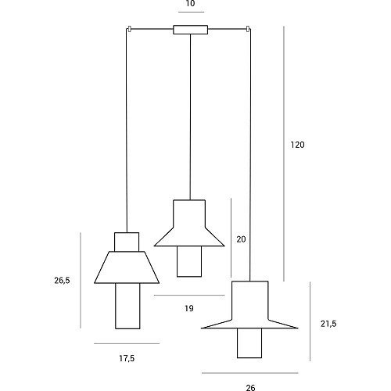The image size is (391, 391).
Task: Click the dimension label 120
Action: [x=297, y=145]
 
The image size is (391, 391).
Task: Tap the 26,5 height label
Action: [x=62, y=281]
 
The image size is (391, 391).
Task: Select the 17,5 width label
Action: [x=127, y=358]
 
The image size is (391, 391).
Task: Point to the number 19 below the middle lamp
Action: [x=189, y=308]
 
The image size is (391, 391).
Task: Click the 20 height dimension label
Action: [x=241, y=239]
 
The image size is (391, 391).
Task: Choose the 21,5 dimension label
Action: [x=328, y=324]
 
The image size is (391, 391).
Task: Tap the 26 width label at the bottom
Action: [x=250, y=388]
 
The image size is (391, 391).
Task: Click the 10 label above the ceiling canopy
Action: [x=190, y=3]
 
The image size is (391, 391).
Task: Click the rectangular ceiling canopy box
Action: [x=191, y=30]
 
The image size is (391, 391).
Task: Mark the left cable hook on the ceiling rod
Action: [x=129, y=29]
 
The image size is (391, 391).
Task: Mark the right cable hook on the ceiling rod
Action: [x=248, y=29]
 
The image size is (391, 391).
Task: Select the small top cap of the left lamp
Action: [x=127, y=242]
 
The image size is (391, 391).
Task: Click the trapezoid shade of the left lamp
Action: [x=127, y=267]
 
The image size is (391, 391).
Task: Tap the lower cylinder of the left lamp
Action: [x=127, y=306]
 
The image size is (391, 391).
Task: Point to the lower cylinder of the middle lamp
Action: [x=189, y=261]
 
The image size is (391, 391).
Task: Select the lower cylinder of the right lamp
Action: [x=249, y=343]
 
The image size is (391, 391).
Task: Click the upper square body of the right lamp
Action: [x=250, y=300]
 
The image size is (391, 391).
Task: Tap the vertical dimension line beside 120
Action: [x=284, y=153]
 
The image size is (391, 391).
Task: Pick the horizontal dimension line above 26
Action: [x=250, y=373]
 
